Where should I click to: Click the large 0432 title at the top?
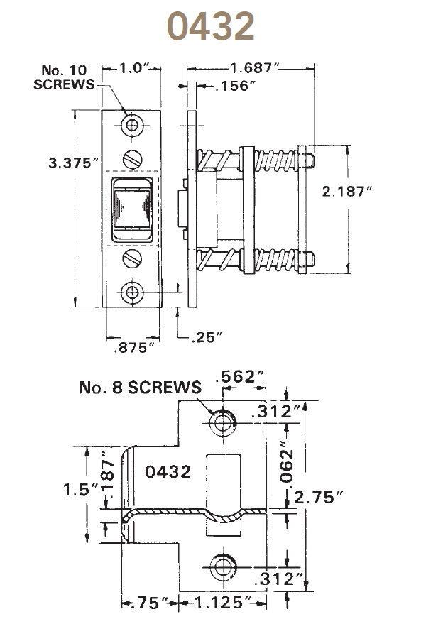point(210,26)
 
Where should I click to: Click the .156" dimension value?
point(222,87)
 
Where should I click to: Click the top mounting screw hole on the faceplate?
point(133,126)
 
